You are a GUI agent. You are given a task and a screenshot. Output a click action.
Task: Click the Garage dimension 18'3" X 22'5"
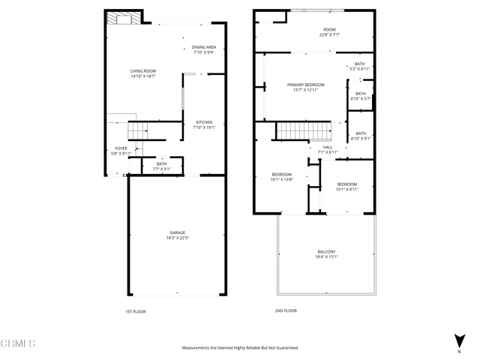(x=177, y=238)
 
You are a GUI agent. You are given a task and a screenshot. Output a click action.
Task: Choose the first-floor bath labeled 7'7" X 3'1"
(x=161, y=166)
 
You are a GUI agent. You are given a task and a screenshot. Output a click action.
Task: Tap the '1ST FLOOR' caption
(x=136, y=310)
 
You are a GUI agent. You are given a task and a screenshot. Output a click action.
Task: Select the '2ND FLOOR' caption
(x=286, y=310)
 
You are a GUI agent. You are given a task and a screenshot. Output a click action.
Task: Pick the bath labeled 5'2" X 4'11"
(x=360, y=67)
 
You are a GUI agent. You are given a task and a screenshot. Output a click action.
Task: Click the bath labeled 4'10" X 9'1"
(x=361, y=136)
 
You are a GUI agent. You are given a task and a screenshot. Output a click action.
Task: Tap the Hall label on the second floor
(x=328, y=149)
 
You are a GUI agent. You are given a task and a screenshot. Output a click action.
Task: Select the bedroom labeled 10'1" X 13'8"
(x=281, y=177)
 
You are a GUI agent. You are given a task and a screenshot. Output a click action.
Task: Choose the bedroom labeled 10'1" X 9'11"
(x=347, y=187)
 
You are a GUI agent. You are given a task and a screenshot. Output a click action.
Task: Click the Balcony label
(x=326, y=254)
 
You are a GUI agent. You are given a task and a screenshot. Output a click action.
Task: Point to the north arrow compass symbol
(x=459, y=342)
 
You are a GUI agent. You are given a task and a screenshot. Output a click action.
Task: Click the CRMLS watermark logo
(x=19, y=344)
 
